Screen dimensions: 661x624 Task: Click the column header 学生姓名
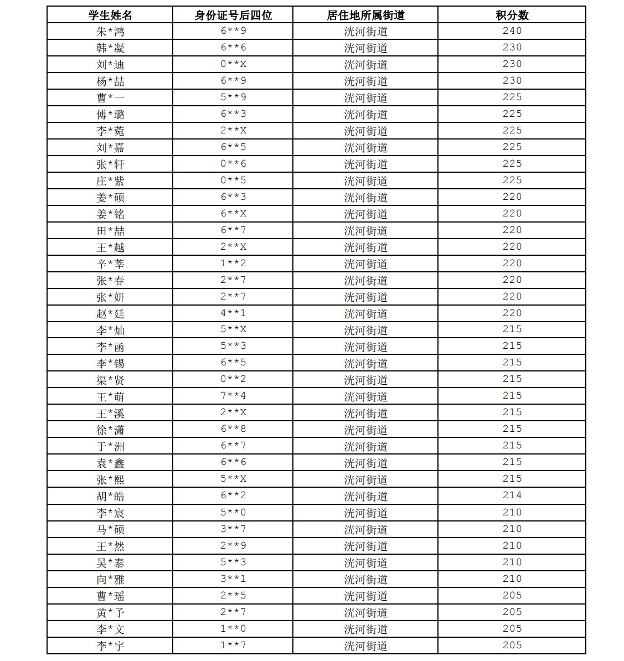click(x=110, y=15)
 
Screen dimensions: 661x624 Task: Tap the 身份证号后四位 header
click(x=233, y=15)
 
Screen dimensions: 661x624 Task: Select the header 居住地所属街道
click(x=365, y=15)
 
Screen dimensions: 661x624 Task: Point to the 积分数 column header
click(x=512, y=15)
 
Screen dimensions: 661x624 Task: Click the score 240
click(x=512, y=31)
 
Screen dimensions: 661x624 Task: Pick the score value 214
click(x=512, y=495)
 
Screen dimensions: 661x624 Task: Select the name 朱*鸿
click(x=110, y=32)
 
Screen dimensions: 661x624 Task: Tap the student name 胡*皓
click(x=110, y=496)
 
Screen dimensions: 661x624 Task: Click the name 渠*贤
click(x=110, y=380)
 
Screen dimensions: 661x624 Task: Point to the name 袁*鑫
click(x=110, y=463)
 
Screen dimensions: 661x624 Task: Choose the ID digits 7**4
click(x=233, y=396)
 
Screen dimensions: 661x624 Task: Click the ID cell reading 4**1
click(x=233, y=313)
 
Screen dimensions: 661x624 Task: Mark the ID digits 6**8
click(x=233, y=429)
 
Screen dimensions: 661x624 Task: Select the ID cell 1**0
click(x=233, y=628)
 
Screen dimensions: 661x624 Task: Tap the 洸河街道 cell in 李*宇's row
click(x=365, y=645)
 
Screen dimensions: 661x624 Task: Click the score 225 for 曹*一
click(x=512, y=97)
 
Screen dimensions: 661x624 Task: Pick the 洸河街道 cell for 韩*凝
click(x=365, y=48)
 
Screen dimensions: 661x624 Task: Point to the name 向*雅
click(x=110, y=579)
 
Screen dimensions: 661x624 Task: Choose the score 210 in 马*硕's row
click(x=512, y=529)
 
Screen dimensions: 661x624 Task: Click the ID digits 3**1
click(x=233, y=579)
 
